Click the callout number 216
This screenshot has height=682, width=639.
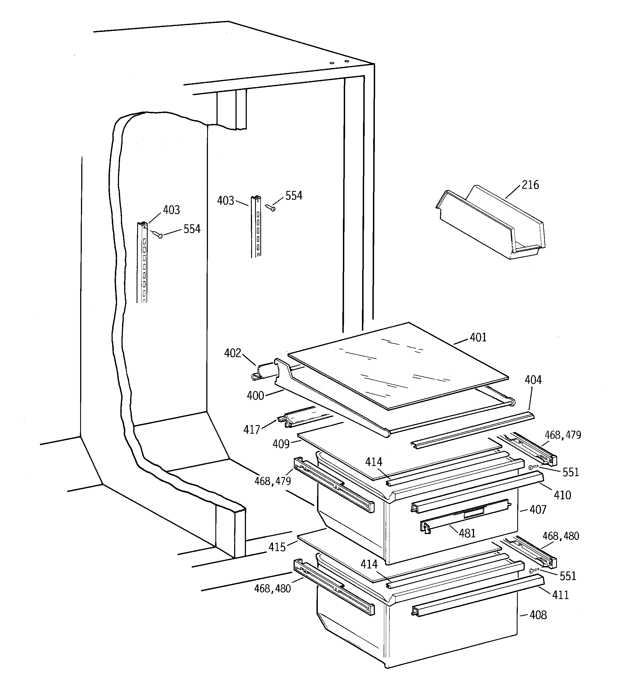coord(530,185)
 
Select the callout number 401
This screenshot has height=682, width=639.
coord(478,338)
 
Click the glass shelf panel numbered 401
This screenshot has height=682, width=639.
coord(398,365)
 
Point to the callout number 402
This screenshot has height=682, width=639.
coord(232,353)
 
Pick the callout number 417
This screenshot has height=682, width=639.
coord(252,430)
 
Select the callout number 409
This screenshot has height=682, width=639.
coord(281,444)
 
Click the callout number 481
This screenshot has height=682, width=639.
coord(467,533)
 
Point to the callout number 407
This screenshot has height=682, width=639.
coord(538,510)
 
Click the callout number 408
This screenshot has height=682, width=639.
coord(538,615)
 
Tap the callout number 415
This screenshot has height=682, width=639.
coord(277,547)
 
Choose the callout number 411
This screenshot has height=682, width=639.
coord(561,595)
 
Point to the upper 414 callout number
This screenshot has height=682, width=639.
coord(373,462)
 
